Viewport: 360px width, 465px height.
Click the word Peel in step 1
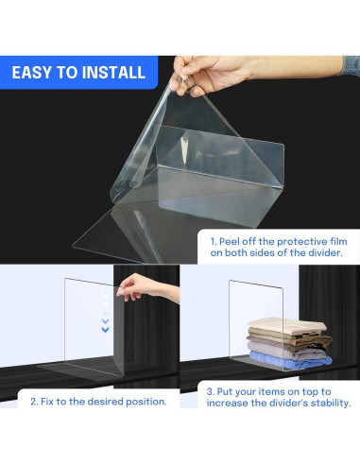pos(229,242)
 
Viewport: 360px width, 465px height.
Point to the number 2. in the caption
pos(34,402)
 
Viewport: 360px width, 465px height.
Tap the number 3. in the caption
pos(210,392)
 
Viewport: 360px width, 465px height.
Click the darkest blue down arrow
pos(105,330)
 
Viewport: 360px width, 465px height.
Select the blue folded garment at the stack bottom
pos(290,360)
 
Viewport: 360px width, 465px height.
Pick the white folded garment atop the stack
pos(286,326)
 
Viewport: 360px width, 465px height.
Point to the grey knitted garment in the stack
pos(287,350)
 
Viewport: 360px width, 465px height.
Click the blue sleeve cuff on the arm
pos(351,65)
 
